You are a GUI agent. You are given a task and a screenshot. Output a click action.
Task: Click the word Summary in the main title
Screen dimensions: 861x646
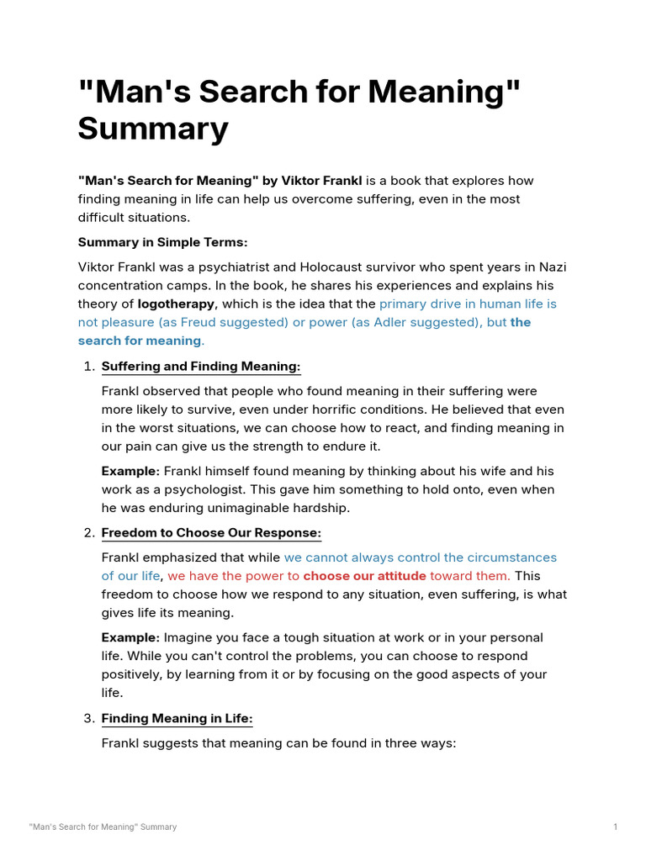click(x=153, y=129)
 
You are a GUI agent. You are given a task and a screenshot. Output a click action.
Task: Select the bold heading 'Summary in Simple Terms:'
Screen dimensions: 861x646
click(x=163, y=242)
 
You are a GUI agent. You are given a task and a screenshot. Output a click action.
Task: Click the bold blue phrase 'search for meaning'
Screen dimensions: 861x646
click(x=140, y=341)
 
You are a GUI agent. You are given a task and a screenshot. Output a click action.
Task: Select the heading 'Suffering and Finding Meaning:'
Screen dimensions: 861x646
click(x=201, y=367)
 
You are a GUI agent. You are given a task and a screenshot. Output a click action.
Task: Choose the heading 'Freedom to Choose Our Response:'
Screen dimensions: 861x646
click(x=211, y=533)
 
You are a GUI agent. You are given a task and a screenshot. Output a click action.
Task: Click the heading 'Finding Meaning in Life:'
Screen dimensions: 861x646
click(x=177, y=718)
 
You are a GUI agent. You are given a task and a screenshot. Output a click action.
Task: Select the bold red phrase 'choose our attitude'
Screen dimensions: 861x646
click(x=364, y=576)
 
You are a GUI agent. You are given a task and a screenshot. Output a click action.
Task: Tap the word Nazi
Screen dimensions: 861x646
click(x=552, y=267)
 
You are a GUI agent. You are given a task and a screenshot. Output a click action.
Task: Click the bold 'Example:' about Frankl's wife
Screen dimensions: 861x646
click(x=130, y=471)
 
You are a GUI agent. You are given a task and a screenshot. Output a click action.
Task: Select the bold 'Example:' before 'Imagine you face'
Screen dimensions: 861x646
click(x=130, y=637)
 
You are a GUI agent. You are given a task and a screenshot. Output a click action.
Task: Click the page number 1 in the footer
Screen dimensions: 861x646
click(x=615, y=827)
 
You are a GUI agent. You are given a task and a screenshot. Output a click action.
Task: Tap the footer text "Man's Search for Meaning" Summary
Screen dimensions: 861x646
click(x=103, y=827)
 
